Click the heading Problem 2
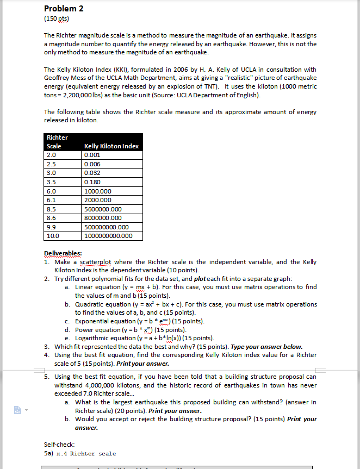[x=65, y=9]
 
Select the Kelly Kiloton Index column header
[x=111, y=146]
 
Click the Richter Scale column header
[x=56, y=142]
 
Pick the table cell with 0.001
[x=92, y=155]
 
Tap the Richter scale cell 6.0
[x=53, y=191]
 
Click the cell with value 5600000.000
[x=103, y=209]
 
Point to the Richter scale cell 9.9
[x=53, y=227]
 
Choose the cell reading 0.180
[x=92, y=182]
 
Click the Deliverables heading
[x=63, y=253]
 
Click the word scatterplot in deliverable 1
[x=96, y=261]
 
